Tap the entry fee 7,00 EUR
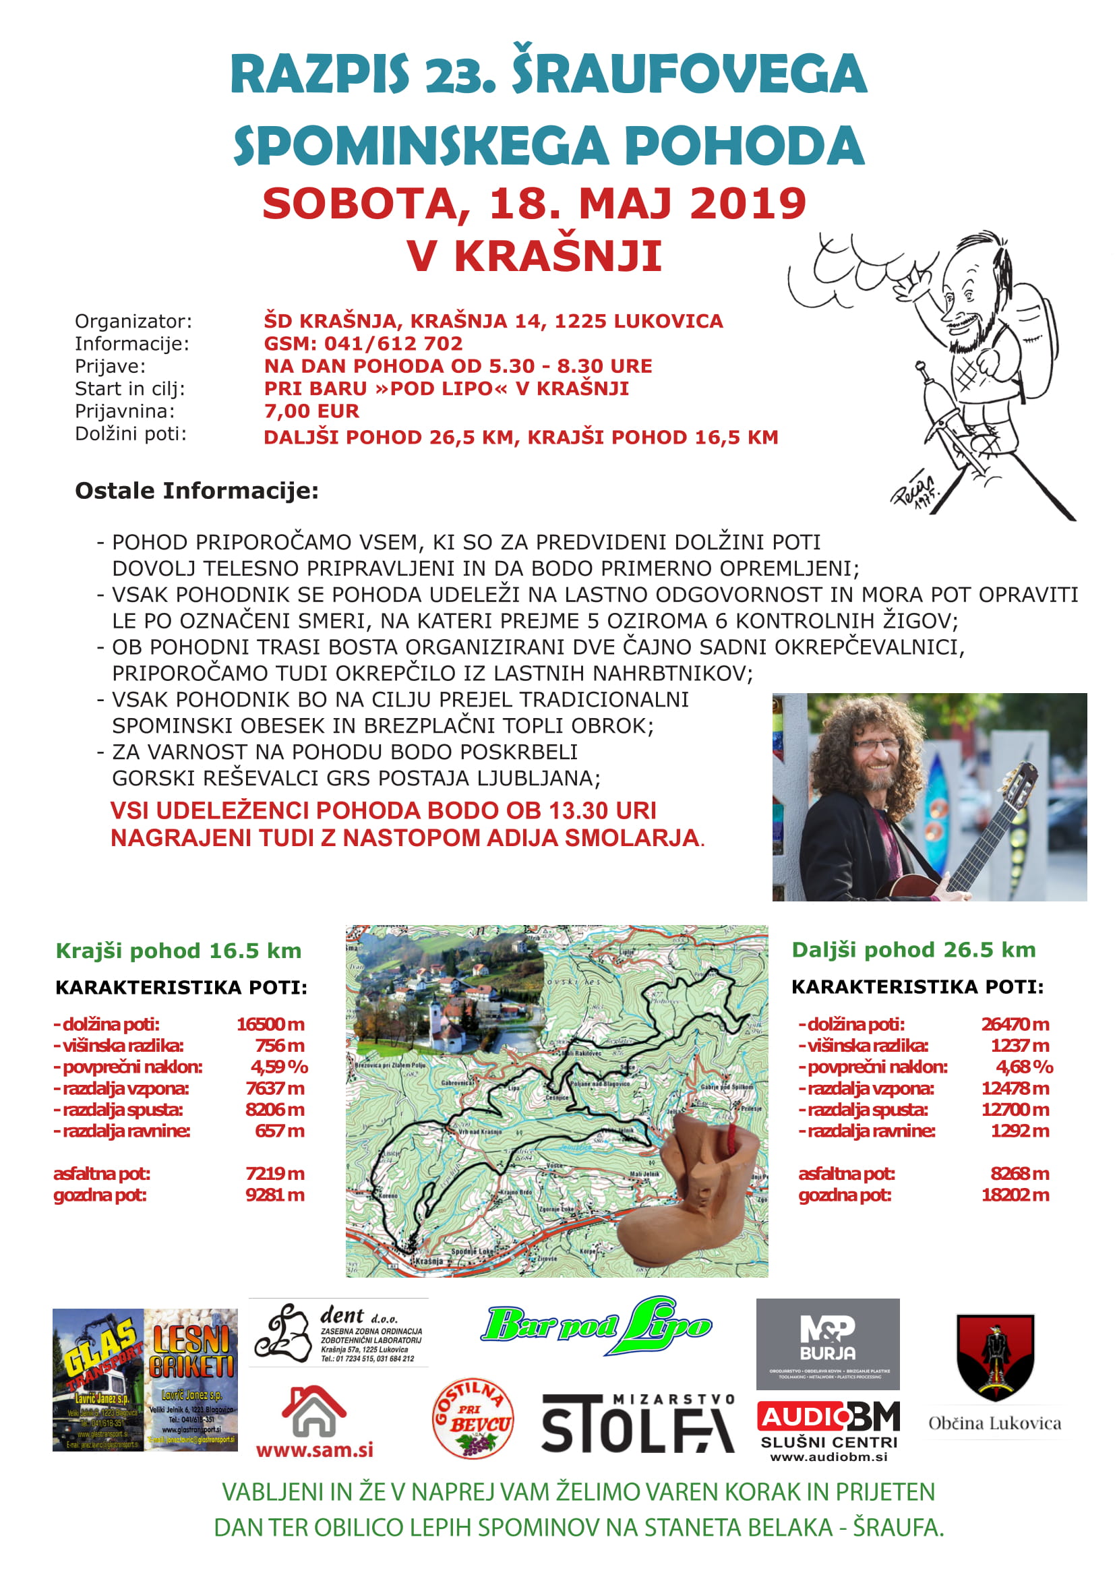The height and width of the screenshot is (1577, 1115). point(311,411)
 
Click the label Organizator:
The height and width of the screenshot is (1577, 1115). point(133,321)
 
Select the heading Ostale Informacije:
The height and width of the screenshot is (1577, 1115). point(196,490)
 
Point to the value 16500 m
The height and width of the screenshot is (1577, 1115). point(270,1024)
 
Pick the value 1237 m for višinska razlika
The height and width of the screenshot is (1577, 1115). point(1019,1046)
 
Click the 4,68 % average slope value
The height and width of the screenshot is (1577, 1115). point(1024,1067)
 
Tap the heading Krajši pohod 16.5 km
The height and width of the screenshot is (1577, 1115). point(179,951)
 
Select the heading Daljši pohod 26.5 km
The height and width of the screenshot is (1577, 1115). point(913,949)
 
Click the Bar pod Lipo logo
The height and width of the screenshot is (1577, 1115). point(596,1326)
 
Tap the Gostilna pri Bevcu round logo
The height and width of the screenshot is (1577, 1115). point(473,1419)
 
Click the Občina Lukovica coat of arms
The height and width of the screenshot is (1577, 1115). point(995,1357)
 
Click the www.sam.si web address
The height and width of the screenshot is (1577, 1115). point(314,1450)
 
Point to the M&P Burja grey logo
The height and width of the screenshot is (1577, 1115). point(827,1343)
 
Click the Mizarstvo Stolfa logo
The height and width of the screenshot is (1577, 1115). point(638,1423)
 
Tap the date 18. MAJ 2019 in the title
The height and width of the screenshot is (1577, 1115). point(646,204)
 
